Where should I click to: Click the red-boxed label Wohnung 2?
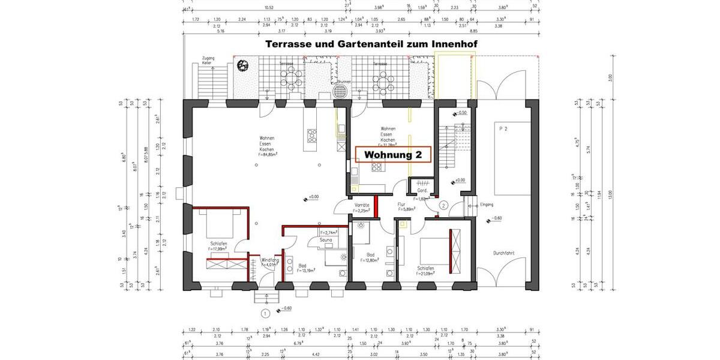pos(393,155)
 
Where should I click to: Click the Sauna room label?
pos(326,239)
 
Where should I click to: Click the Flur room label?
pos(401,205)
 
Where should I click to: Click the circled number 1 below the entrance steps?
pos(264,313)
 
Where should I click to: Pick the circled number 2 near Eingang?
pos(443,205)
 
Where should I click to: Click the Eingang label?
pos(487,205)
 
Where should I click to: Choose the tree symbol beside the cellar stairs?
pos(243,66)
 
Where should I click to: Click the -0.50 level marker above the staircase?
pos(461,113)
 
